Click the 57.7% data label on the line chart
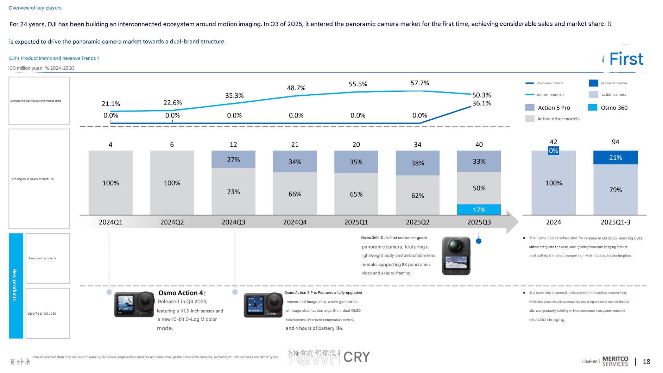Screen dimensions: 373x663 pyautogui.click(x=419, y=83)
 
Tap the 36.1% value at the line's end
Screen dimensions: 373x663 pyautogui.click(x=481, y=103)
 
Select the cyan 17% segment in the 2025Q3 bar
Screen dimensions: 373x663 pyautogui.click(x=479, y=210)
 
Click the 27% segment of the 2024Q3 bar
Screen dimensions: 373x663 pyautogui.click(x=233, y=159)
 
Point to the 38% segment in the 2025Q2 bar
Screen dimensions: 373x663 pyautogui.click(x=417, y=163)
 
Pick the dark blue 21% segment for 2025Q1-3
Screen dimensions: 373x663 pyautogui.click(x=615, y=157)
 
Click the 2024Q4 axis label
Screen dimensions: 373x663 pyautogui.click(x=295, y=222)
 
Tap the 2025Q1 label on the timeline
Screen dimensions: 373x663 pyautogui.click(x=356, y=222)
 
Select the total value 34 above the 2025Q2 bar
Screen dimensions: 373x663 pyautogui.click(x=417, y=145)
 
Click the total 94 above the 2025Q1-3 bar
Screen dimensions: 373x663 pyautogui.click(x=615, y=142)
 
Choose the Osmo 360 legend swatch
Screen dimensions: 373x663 pyautogui.click(x=593, y=108)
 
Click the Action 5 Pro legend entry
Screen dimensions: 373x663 pyautogui.click(x=554, y=108)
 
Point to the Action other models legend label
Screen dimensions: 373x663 pyautogui.click(x=558, y=119)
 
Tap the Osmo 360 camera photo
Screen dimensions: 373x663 pyautogui.click(x=456, y=256)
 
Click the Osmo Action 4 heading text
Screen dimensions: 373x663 pyautogui.click(x=182, y=293)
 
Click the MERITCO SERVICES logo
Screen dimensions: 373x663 pyautogui.click(x=615, y=361)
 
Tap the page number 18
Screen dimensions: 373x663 pyautogui.click(x=646, y=362)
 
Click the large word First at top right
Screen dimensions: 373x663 pyautogui.click(x=626, y=59)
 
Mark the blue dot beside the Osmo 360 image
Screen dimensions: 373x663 pyautogui.click(x=478, y=241)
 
